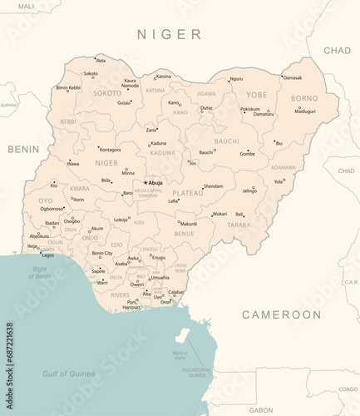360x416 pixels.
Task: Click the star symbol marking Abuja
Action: [x=145, y=182]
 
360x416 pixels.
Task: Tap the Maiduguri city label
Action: [x=305, y=111]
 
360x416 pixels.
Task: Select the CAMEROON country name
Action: [x=281, y=314]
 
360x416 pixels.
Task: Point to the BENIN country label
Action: [x=23, y=149]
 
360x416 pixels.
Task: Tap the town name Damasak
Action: [x=293, y=77]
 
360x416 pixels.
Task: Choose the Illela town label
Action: [x=101, y=61]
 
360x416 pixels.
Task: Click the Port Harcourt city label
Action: [x=132, y=305]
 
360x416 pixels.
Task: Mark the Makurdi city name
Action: [x=189, y=224]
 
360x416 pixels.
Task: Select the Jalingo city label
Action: [x=249, y=191]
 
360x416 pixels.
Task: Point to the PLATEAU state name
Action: [x=187, y=192]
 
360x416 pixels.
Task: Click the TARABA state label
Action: [x=239, y=225]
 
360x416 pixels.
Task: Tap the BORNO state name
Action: [x=303, y=98]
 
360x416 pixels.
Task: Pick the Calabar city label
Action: [x=176, y=292]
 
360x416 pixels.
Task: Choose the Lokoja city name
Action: [x=121, y=220]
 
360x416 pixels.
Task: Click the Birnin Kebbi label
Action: [x=68, y=87]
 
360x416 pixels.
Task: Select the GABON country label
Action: [x=260, y=409]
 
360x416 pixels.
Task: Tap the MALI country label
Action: [x=27, y=6]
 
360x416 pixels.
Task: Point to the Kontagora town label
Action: [x=110, y=150]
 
